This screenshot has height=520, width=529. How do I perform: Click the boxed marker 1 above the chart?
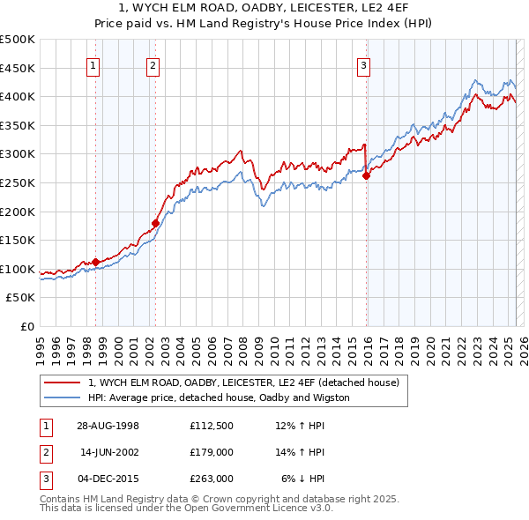(x=93, y=64)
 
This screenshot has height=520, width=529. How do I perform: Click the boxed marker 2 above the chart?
(x=153, y=64)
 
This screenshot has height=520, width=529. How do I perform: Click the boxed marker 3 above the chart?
(x=362, y=64)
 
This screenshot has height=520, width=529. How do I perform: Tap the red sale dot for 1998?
(x=96, y=262)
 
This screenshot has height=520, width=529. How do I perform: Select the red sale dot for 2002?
(x=155, y=223)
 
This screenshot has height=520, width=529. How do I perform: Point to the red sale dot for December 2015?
(x=366, y=175)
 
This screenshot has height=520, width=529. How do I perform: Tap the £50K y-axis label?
(x=21, y=298)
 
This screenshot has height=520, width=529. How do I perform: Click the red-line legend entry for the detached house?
(x=243, y=383)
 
